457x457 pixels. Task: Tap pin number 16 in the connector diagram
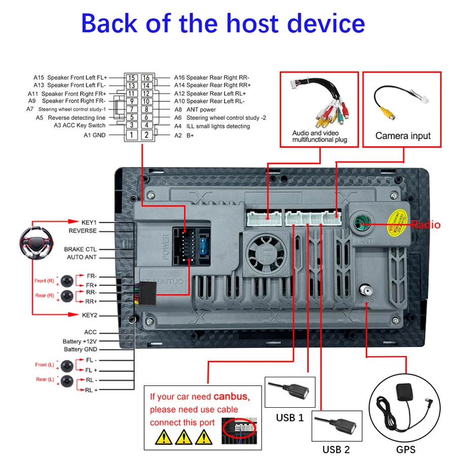[146, 78]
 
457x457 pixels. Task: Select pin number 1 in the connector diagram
[132, 135]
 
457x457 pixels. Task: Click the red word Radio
[426, 224]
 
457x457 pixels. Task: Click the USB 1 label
[289, 417]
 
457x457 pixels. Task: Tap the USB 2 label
[336, 449]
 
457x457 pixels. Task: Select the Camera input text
[403, 136]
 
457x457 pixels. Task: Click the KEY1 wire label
[89, 222]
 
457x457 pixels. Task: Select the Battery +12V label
[80, 341]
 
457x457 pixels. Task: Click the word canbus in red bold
[231, 396]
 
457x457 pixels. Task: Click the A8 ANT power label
[195, 110]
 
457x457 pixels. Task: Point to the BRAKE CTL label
[80, 249]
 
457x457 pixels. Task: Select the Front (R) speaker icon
[67, 281]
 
